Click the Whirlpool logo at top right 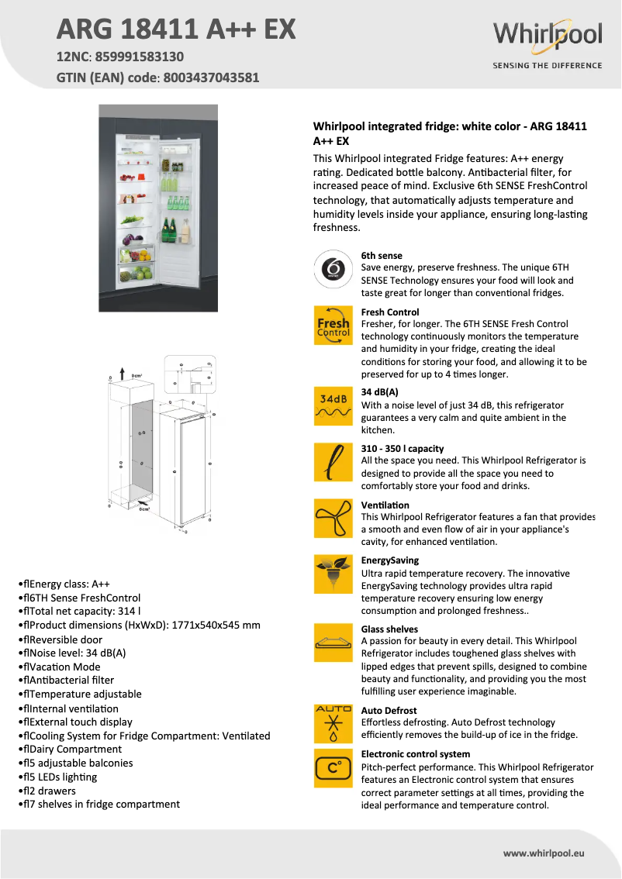(548, 35)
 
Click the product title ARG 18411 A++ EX (176, 29)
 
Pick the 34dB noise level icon (333, 406)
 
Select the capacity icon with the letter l (333, 462)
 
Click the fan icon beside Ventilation (333, 518)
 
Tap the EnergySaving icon (333, 574)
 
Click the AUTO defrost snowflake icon (333, 724)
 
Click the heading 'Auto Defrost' (389, 710)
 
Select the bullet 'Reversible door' (63, 639)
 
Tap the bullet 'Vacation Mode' (62, 667)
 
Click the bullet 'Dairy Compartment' (72, 750)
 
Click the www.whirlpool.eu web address (543, 853)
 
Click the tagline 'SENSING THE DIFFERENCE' (548, 66)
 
